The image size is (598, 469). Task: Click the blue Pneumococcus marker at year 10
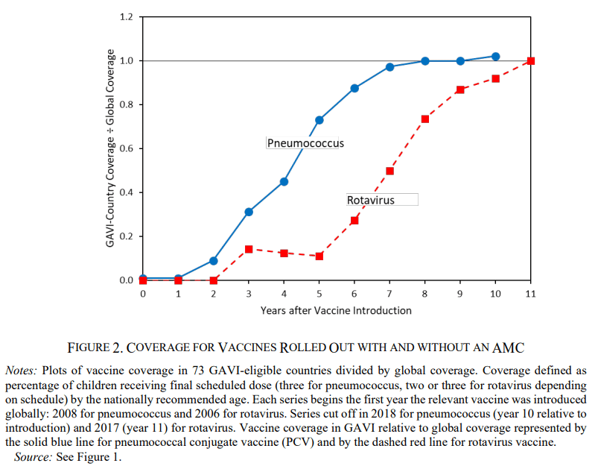click(495, 56)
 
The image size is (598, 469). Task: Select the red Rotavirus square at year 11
click(530, 60)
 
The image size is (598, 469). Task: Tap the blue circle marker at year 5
click(319, 120)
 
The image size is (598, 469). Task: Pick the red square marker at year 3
click(249, 249)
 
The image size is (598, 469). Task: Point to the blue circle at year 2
click(214, 261)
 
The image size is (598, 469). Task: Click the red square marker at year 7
click(389, 171)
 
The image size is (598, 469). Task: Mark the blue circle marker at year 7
click(389, 67)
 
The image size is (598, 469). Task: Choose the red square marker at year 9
click(460, 89)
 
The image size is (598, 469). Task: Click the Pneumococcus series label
click(305, 142)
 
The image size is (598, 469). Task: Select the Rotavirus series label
click(370, 200)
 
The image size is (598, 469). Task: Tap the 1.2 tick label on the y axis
click(126, 16)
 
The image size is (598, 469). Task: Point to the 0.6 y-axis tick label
click(126, 148)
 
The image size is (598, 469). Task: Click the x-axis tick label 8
click(424, 294)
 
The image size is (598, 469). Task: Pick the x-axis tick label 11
click(530, 294)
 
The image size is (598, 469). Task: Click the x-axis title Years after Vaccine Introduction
click(336, 310)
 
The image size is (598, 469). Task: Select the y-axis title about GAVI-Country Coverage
click(112, 149)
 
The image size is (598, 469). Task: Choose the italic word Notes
click(22, 370)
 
